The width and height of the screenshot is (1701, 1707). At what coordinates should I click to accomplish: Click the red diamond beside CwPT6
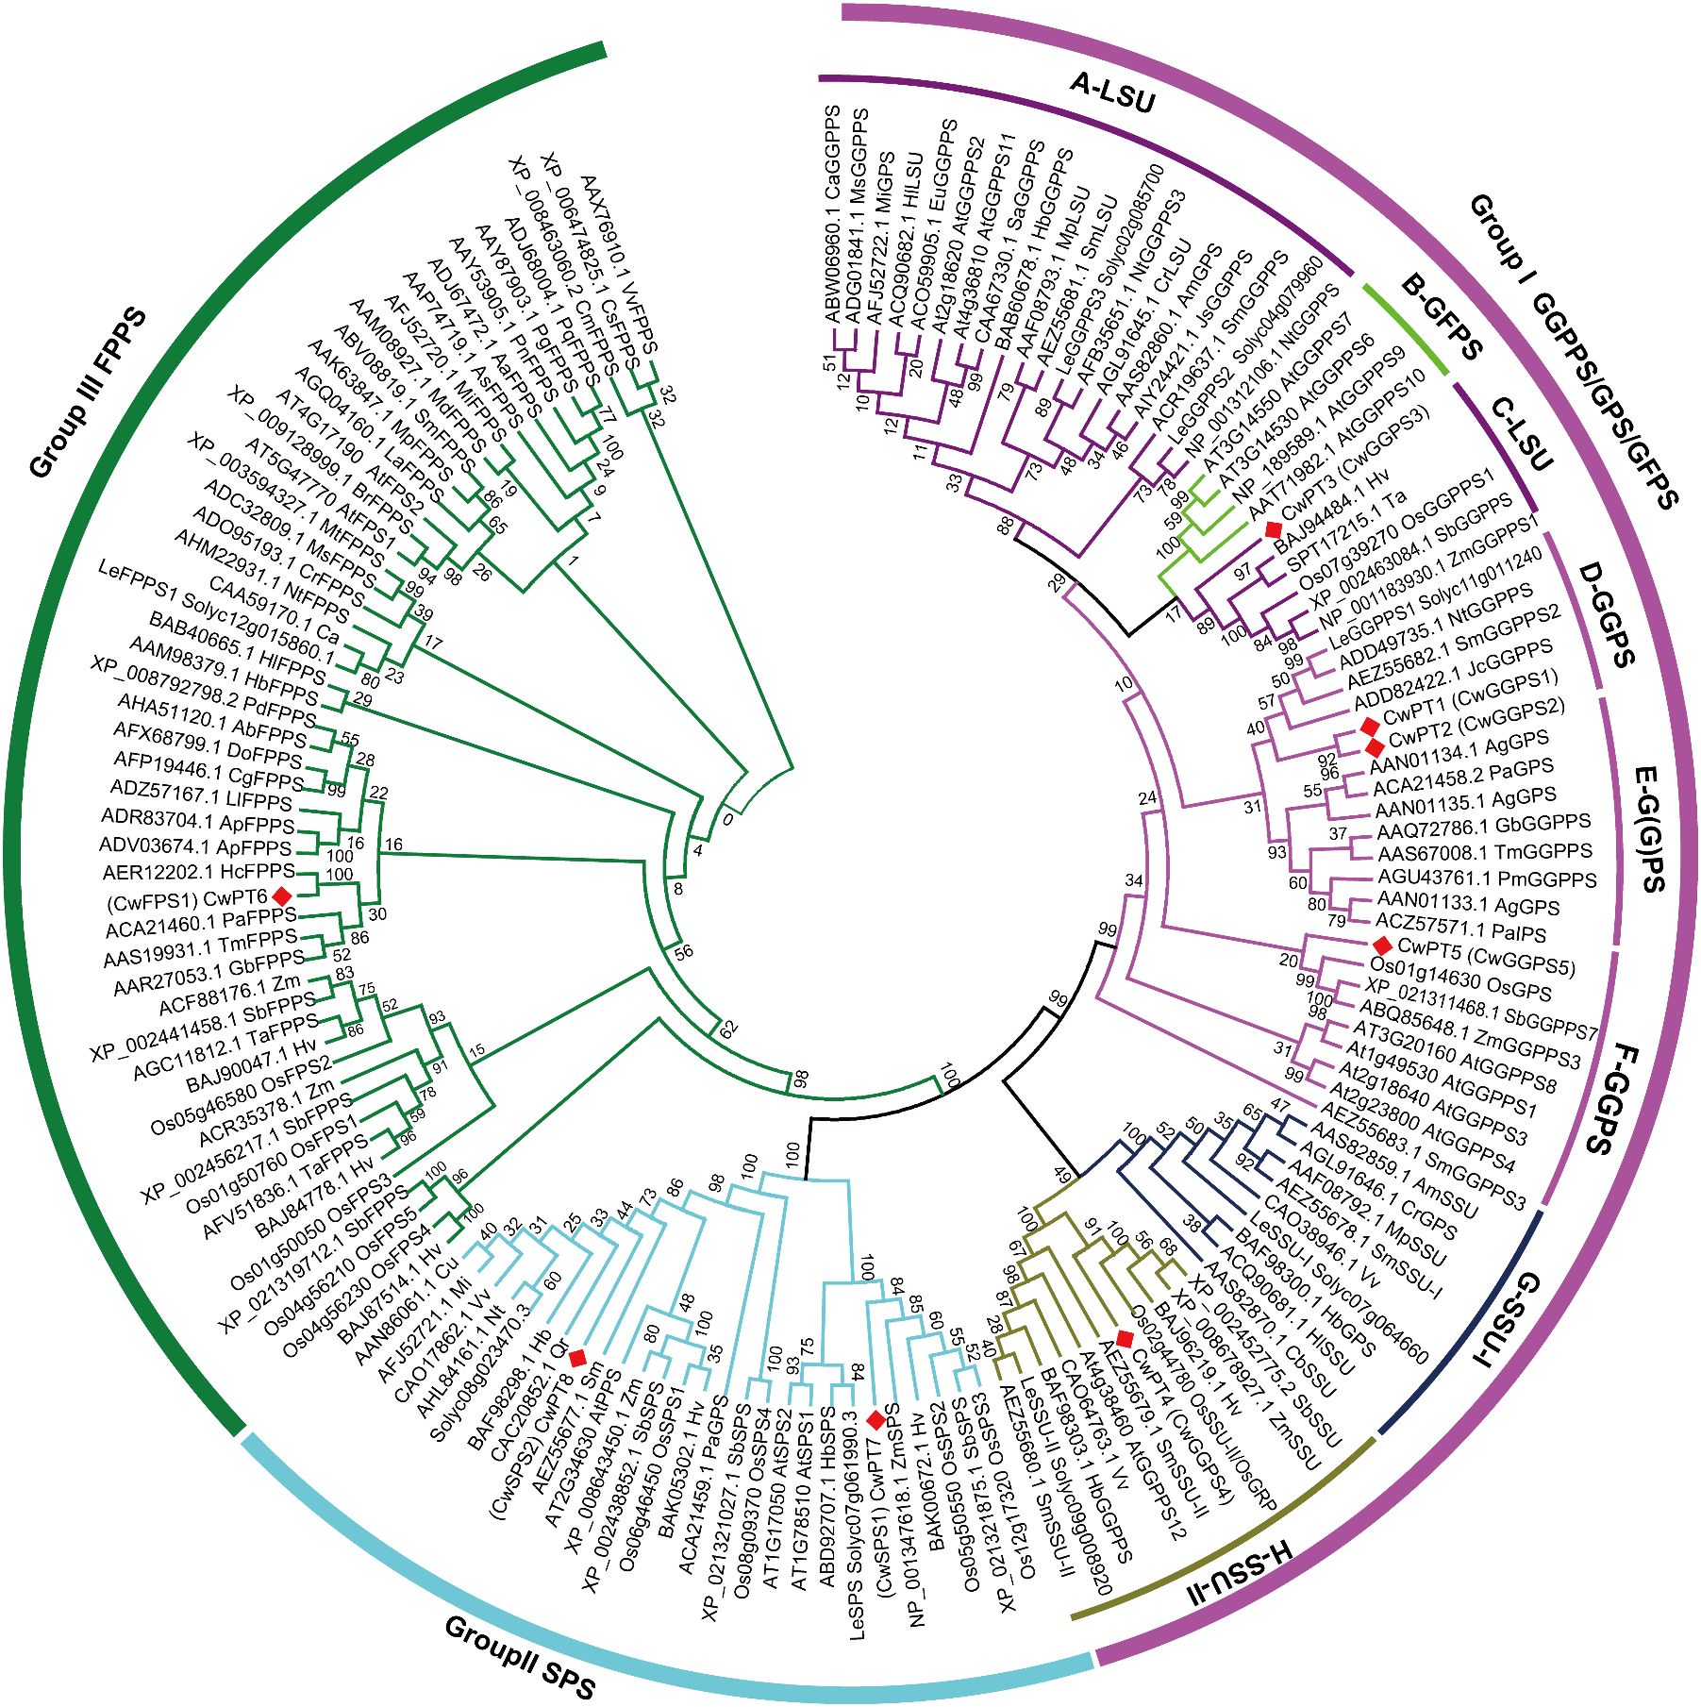(x=281, y=895)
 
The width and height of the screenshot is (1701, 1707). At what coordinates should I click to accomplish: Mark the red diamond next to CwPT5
(x=1382, y=945)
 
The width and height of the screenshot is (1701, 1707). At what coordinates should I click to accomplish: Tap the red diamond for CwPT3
(x=1274, y=529)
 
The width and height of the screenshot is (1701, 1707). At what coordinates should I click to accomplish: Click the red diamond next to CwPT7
(x=876, y=1418)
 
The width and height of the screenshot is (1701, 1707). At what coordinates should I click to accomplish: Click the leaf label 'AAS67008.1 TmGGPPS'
(x=1484, y=853)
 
